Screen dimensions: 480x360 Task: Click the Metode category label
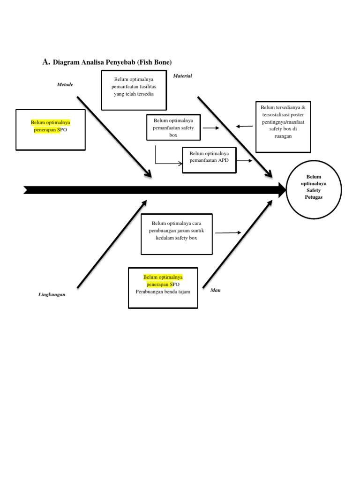coord(65,84)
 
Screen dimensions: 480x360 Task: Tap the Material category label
coord(182,75)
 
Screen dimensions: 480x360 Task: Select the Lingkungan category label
coord(52,295)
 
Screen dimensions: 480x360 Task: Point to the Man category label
coord(216,290)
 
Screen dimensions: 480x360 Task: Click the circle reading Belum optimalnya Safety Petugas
coord(314,187)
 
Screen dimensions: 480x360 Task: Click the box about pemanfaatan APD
coord(209,160)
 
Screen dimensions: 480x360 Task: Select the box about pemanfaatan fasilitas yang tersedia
coord(134,90)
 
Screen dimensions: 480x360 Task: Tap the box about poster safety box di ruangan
coord(283,126)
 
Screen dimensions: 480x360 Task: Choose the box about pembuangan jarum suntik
coord(177,233)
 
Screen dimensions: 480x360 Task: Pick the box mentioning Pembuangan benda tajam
coord(163,288)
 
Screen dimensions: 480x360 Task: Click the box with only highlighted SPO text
coord(51,129)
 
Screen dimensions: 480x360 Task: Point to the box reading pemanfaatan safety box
coord(173,127)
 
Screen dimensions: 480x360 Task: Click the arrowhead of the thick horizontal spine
coord(282,190)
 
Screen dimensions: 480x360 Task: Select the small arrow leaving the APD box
coord(245,160)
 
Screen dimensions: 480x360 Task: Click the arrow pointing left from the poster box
coord(244,126)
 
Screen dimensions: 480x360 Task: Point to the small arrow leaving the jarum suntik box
coord(228,232)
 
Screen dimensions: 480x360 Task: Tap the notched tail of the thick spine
coord(27,190)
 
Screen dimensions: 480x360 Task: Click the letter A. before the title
coord(45,61)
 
